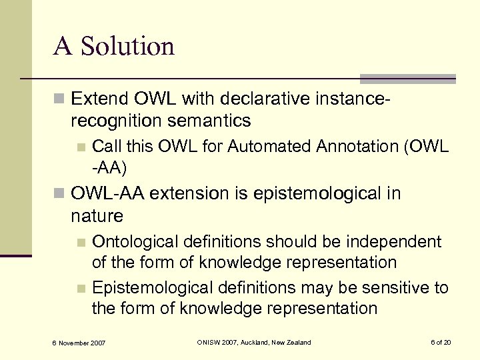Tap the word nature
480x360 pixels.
tap(97, 215)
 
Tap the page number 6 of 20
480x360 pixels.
tap(441, 343)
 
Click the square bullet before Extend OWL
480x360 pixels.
tap(59, 100)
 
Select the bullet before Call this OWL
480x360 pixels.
tap(81, 147)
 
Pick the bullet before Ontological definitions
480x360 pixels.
tap(81, 241)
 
